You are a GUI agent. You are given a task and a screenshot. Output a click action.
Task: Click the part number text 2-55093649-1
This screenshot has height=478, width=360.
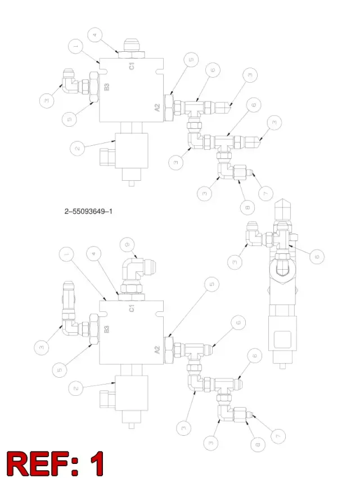88,211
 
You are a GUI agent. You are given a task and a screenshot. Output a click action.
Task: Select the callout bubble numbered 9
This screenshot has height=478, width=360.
128,244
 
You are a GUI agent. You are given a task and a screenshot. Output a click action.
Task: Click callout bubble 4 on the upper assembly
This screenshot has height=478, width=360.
94,35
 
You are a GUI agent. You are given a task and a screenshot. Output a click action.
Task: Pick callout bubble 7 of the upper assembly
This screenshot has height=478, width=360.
266,193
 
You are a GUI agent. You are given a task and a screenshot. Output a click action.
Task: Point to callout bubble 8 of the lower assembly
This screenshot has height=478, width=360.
258,444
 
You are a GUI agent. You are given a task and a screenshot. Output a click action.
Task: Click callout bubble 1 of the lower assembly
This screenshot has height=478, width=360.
67,253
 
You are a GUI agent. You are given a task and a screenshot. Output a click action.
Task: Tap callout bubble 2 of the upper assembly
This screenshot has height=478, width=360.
77,149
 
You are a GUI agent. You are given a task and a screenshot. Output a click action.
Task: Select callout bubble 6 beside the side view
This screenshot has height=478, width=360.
317,256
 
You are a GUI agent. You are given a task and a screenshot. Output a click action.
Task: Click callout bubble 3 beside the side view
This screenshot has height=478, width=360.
235,262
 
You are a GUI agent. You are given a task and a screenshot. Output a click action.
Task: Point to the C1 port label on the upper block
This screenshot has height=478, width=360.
131,65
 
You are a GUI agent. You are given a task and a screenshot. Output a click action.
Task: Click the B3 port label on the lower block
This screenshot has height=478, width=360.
107,329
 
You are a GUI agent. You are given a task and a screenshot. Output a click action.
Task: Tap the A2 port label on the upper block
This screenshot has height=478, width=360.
157,108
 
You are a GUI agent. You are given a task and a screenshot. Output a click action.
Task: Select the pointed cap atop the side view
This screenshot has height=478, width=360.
283,210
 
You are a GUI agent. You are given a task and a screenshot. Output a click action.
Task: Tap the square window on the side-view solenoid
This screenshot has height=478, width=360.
282,339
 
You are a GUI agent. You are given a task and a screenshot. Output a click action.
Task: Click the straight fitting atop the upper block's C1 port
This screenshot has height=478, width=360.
131,48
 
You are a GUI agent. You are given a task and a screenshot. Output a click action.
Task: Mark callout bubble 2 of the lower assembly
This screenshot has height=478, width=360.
76,388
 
